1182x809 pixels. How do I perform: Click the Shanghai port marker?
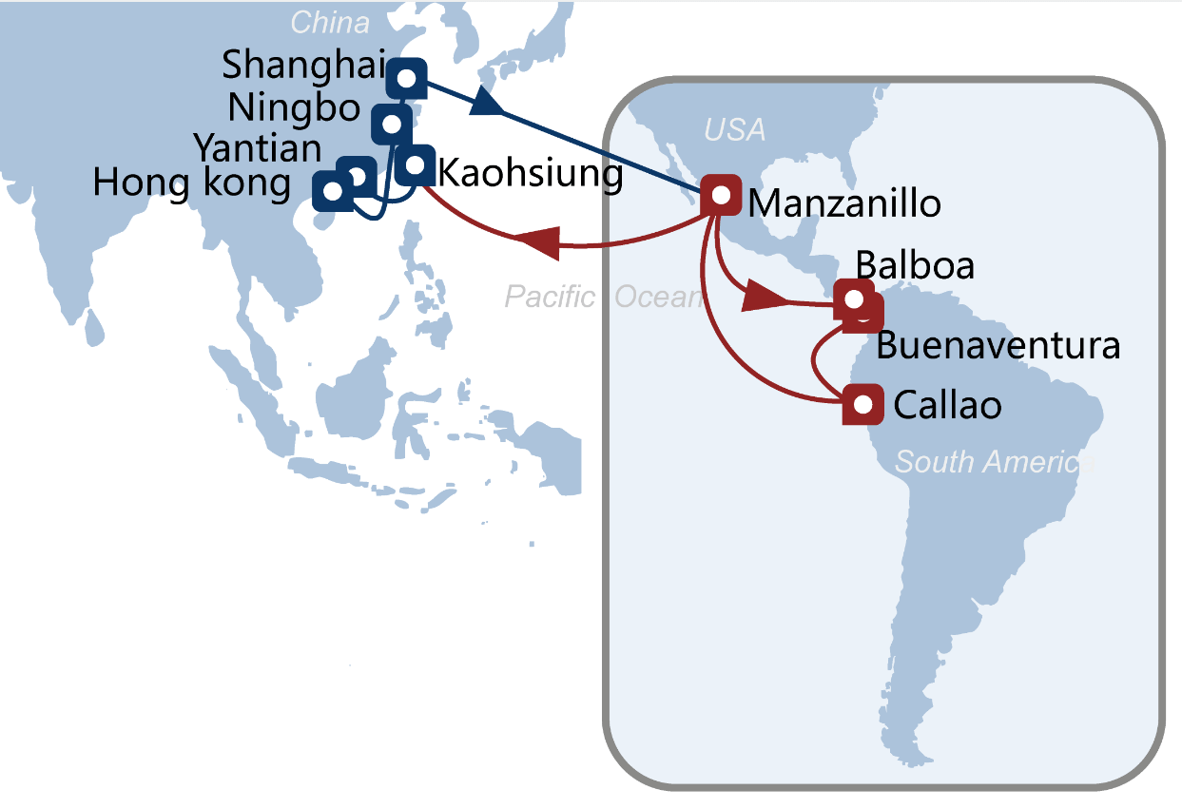(x=407, y=78)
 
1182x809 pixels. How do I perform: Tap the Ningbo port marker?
(x=391, y=124)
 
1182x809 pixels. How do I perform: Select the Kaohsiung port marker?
(x=415, y=165)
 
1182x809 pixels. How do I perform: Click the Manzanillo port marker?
(x=721, y=195)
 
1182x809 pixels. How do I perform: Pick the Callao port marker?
(x=862, y=405)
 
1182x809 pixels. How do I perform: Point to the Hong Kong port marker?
(x=332, y=191)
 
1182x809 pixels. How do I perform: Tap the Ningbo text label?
(x=294, y=108)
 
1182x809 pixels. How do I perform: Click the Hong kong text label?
(x=191, y=183)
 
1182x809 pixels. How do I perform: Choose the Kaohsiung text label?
(x=530, y=174)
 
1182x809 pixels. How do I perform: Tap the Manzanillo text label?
(x=844, y=202)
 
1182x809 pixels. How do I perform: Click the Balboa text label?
(x=915, y=265)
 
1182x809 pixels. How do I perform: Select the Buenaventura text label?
(x=998, y=345)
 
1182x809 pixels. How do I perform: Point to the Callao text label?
(x=947, y=406)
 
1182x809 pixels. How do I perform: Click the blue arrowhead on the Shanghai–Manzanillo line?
(x=486, y=103)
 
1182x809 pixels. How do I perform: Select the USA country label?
(x=734, y=129)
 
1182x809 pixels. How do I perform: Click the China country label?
(x=330, y=22)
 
